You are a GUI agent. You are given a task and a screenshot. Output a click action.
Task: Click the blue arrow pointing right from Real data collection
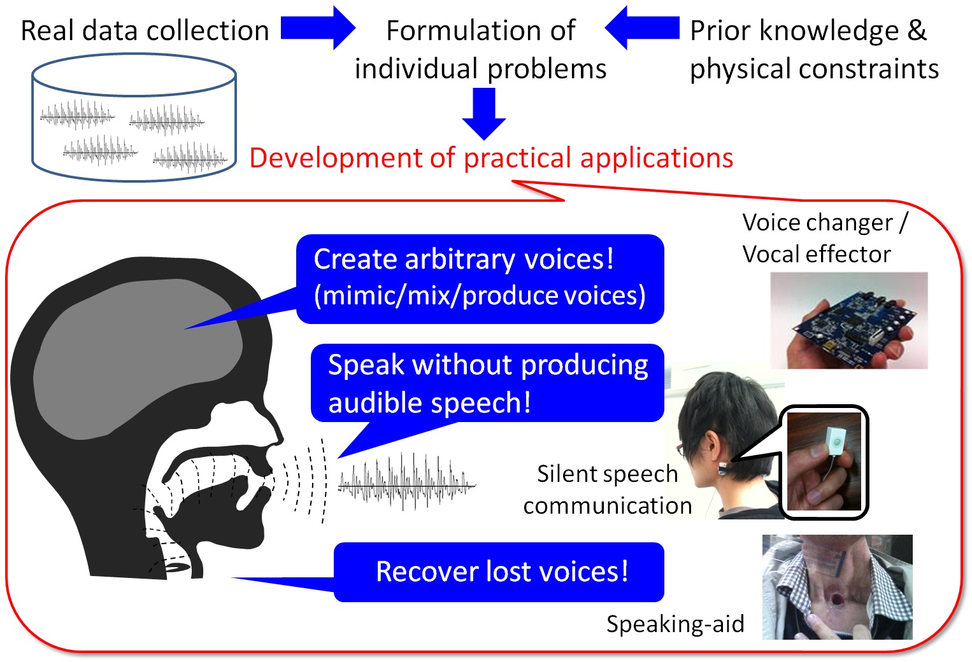[317, 29]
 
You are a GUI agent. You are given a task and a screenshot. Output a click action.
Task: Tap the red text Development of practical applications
[491, 158]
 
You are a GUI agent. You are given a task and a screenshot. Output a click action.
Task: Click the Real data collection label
[145, 31]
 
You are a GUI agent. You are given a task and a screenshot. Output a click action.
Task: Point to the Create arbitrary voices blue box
[480, 278]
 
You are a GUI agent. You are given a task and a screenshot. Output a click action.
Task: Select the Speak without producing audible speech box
[487, 383]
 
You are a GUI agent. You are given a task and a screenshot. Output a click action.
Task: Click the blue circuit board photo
[848, 321]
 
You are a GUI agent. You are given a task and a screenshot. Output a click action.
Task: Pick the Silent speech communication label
[607, 489]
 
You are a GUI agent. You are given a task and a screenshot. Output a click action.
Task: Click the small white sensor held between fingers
[834, 439]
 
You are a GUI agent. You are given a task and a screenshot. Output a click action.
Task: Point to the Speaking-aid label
[675, 624]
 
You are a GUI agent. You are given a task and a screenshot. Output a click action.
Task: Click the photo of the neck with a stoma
[837, 587]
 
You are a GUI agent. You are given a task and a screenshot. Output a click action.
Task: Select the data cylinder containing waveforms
[134, 118]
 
